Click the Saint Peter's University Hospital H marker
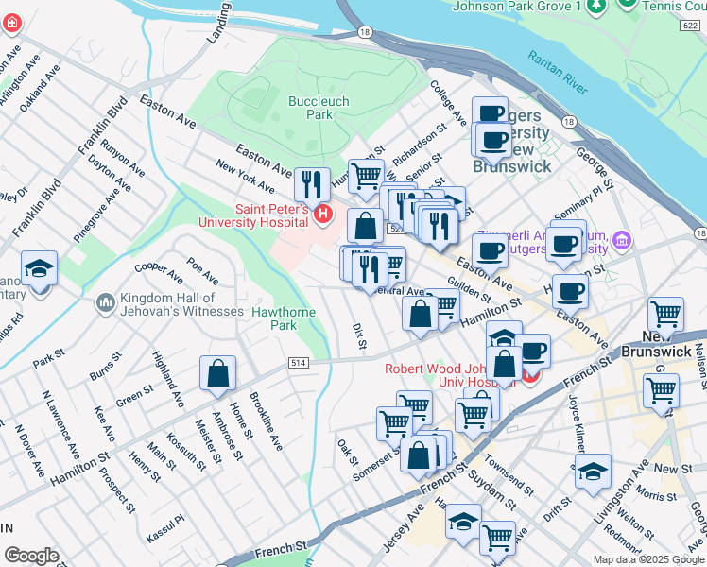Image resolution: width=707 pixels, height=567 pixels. tap(324, 215)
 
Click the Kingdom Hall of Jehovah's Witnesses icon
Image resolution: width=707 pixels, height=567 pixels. tap(104, 303)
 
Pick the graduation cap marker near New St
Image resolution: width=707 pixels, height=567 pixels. tap(593, 470)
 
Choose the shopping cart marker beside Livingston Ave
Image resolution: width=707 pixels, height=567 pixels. tap(661, 388)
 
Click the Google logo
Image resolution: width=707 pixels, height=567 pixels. tap(31, 556)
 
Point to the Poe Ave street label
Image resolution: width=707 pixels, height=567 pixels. tap(203, 272)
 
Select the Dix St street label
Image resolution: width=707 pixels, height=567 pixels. tap(358, 336)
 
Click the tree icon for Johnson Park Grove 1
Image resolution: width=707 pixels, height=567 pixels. tap(595, 7)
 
